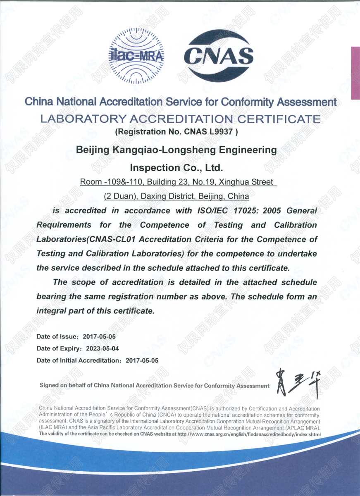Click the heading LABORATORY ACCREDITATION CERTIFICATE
tap(180, 119)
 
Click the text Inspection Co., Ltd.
tap(176, 167)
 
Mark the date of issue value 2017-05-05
tap(99, 337)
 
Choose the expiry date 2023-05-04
tap(102, 348)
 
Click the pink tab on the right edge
tap(355, 73)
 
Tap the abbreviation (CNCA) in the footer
tap(167, 415)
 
